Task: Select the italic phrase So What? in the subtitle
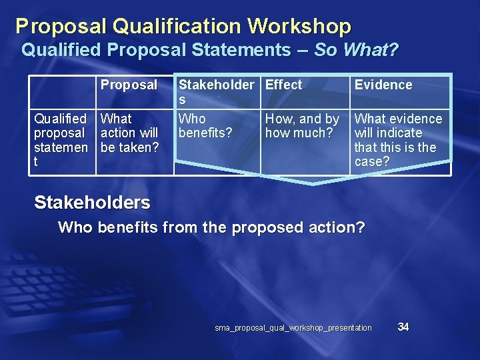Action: tap(356, 50)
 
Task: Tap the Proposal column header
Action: tap(129, 85)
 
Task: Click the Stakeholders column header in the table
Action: tap(216, 91)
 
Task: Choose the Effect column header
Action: tap(284, 85)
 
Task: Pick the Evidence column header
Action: tap(383, 85)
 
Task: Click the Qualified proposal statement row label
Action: tap(61, 140)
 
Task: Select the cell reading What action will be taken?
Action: tap(129, 133)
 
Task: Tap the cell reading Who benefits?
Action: tap(205, 125)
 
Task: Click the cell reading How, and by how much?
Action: tap(302, 125)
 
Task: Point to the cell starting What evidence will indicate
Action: tap(398, 139)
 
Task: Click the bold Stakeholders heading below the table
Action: tap(92, 202)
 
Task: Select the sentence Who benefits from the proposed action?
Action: tap(211, 227)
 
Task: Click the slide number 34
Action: tap(403, 327)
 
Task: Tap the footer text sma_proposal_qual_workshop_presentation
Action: tap(293, 328)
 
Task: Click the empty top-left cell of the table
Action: tap(62, 92)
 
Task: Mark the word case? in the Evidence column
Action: tap(372, 161)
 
